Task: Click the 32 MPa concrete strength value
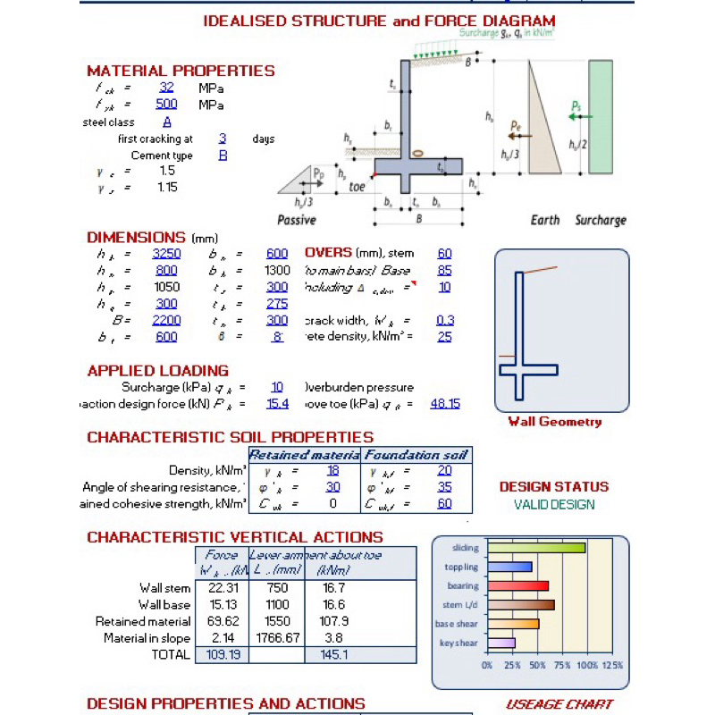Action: click(x=166, y=88)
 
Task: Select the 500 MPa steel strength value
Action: click(x=166, y=105)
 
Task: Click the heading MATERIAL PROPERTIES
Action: click(x=181, y=71)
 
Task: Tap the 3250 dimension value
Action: click(x=166, y=254)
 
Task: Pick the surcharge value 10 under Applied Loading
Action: click(x=277, y=387)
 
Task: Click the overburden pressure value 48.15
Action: click(x=445, y=404)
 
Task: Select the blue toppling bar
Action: click(x=509, y=567)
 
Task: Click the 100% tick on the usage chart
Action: click(x=587, y=666)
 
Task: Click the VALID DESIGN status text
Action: click(x=554, y=505)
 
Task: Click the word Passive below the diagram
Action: click(x=297, y=220)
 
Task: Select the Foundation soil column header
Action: click(x=416, y=455)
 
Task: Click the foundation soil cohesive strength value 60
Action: click(x=445, y=504)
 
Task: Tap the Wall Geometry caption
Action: click(x=554, y=422)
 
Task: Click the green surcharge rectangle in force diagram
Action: click(x=601, y=117)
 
